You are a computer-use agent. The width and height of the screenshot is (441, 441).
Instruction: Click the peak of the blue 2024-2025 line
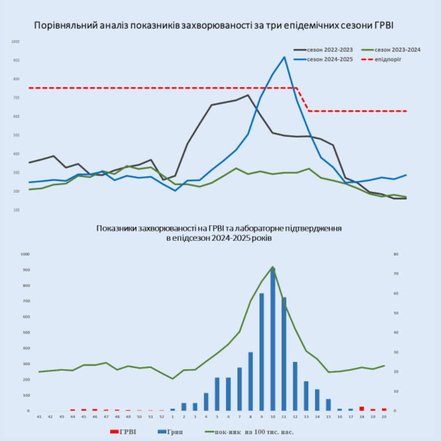pyautogui.click(x=284, y=57)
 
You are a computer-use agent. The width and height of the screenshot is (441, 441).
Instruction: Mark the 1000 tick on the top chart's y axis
pyautogui.click(x=16, y=42)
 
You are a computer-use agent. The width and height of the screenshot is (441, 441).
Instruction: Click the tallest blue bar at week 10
pyautogui.click(x=273, y=339)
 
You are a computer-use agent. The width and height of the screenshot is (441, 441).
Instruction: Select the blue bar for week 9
pyautogui.click(x=262, y=352)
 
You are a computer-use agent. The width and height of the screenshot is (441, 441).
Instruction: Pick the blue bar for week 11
pyautogui.click(x=284, y=354)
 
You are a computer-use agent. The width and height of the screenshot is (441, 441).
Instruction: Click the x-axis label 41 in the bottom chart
pyautogui.click(x=39, y=417)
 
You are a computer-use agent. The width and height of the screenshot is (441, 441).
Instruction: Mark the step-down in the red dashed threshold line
pyautogui.click(x=303, y=99)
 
